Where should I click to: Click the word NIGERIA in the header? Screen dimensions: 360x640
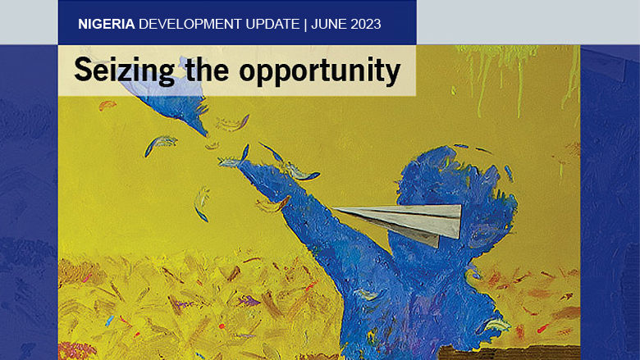tap(107, 24)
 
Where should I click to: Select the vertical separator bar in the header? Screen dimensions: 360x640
tap(305, 24)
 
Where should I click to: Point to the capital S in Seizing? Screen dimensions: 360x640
tap(81, 71)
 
